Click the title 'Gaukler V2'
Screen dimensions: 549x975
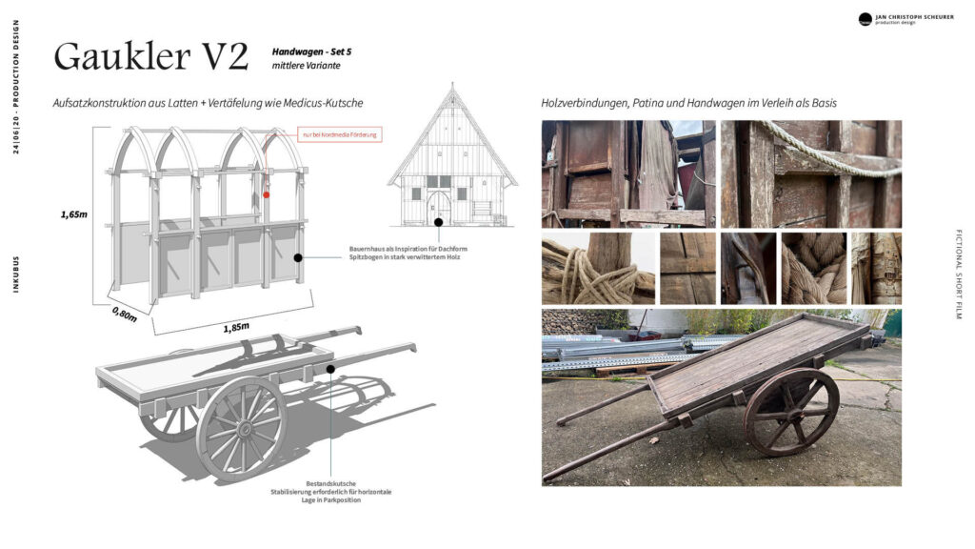point(150,57)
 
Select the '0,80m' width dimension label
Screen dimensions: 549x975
point(124,314)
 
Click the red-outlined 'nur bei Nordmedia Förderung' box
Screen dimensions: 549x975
point(340,135)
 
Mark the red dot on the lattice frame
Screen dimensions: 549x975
point(266,193)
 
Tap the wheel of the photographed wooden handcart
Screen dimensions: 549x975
point(791,412)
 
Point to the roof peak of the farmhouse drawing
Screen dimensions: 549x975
point(451,88)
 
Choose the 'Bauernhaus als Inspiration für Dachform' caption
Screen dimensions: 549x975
point(408,249)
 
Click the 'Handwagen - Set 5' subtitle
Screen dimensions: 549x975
point(318,51)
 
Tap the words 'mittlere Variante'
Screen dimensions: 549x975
point(306,66)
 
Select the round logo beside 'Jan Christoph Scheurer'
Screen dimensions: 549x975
point(865,19)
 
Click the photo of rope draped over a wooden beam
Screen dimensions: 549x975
point(811,173)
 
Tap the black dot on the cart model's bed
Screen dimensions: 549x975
point(330,368)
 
